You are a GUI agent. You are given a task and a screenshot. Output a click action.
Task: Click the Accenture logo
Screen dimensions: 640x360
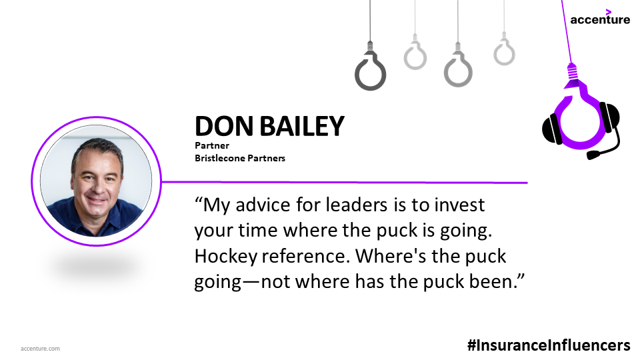[x=600, y=17]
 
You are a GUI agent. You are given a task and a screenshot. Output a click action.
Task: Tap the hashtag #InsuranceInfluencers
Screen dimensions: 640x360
[x=549, y=345]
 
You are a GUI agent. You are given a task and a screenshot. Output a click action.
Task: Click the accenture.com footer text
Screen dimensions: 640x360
[x=40, y=349]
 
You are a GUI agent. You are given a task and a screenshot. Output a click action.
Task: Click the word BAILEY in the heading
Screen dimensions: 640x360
[x=301, y=126]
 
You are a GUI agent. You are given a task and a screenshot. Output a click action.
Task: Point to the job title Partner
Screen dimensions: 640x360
[x=212, y=146]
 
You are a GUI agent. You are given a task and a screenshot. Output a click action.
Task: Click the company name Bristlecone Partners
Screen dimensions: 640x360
[x=240, y=159]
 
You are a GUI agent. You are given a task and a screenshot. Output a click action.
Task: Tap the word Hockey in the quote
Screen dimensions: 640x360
[x=226, y=257]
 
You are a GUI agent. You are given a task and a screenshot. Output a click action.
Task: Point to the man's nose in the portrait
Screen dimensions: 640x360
[x=97, y=186]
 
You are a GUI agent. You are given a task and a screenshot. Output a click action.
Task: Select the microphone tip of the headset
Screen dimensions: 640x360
[x=594, y=155]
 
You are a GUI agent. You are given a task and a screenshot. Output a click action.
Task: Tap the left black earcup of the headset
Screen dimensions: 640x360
[x=552, y=129]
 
